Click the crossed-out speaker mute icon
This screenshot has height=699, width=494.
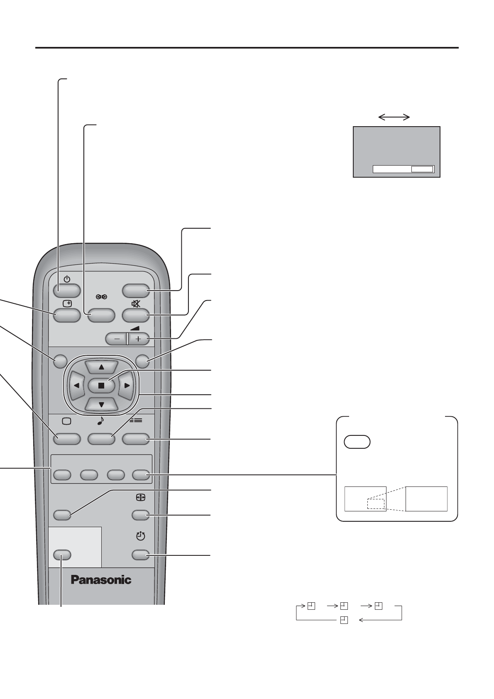(x=136, y=303)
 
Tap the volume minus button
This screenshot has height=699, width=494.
(x=117, y=339)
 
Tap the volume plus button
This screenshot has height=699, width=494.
(x=138, y=339)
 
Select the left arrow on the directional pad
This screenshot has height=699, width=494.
(x=76, y=385)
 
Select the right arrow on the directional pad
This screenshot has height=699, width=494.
(x=127, y=385)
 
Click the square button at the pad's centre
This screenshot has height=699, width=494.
(x=101, y=385)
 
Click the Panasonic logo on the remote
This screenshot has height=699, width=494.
(x=101, y=579)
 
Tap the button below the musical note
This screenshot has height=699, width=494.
(x=101, y=438)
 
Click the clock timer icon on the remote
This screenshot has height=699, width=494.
(x=141, y=536)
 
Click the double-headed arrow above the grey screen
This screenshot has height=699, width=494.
(x=394, y=117)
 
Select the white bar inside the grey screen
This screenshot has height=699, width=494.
(x=403, y=169)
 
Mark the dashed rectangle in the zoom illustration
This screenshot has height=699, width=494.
(x=376, y=503)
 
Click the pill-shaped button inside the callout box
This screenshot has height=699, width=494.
(x=357, y=442)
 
